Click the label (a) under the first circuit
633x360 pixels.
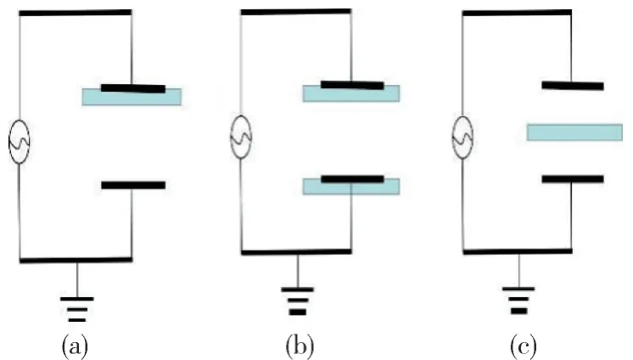(75, 346)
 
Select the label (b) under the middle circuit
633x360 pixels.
(296, 346)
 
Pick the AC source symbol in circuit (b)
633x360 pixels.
(242, 137)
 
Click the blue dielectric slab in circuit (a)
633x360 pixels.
(132, 97)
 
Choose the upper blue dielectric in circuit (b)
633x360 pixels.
(351, 93)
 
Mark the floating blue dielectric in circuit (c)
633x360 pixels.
(574, 132)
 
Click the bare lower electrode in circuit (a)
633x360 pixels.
(133, 185)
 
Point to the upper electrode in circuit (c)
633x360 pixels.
(573, 85)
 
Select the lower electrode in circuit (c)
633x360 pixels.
(573, 179)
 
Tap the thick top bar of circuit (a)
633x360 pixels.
(75, 13)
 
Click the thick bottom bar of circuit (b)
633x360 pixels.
(296, 252)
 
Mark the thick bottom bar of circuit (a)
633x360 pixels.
(76, 259)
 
